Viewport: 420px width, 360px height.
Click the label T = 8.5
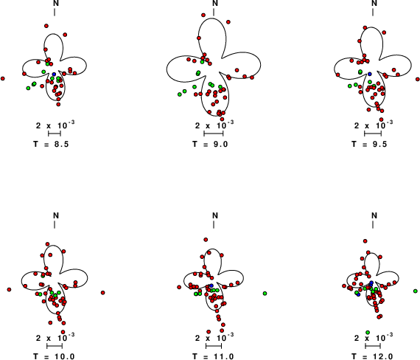point(51,145)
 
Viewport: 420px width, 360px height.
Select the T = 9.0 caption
point(210,145)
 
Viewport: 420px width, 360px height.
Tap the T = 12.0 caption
point(373,356)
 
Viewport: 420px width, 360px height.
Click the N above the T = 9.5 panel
point(374,3)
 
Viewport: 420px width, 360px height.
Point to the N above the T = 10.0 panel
point(56,215)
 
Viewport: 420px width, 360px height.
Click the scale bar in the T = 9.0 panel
point(214,134)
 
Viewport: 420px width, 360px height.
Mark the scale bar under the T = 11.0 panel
point(214,346)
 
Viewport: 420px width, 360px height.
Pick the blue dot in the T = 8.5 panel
point(54,74)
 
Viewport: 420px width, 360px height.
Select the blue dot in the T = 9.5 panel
point(370,74)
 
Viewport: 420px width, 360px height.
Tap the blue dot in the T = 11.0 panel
point(211,285)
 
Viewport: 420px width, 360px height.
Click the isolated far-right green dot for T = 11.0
point(265,294)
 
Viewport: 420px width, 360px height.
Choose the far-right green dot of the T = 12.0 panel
point(416,291)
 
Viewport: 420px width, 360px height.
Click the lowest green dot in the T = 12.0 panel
point(368,333)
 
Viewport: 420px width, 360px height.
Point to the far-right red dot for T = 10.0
point(103,293)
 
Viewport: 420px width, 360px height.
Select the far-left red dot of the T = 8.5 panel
point(3,79)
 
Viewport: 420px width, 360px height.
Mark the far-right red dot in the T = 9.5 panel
point(418,79)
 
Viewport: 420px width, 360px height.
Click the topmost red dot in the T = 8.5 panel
point(46,26)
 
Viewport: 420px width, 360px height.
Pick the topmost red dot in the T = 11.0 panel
point(206,240)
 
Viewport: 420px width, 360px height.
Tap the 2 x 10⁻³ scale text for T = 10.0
point(55,337)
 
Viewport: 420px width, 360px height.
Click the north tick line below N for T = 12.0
point(373,224)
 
